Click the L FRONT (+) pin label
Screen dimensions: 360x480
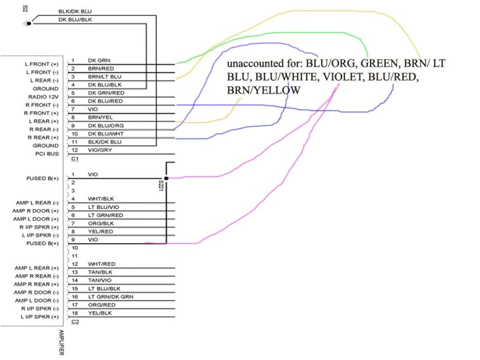pyautogui.click(x=44, y=63)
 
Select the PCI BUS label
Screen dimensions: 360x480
pyautogui.click(x=48, y=154)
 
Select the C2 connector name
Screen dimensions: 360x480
pyautogui.click(x=75, y=322)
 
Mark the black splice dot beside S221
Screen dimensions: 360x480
pyautogui.click(x=166, y=178)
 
